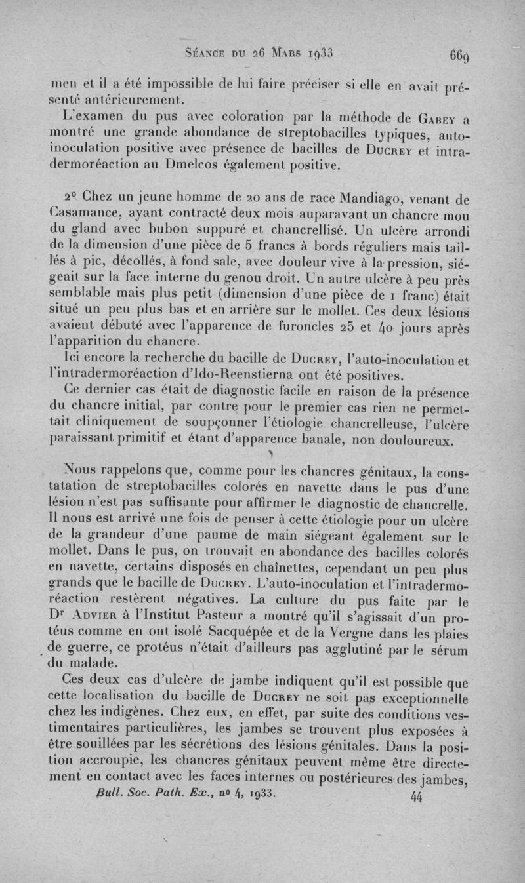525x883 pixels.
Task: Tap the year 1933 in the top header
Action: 321,54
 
